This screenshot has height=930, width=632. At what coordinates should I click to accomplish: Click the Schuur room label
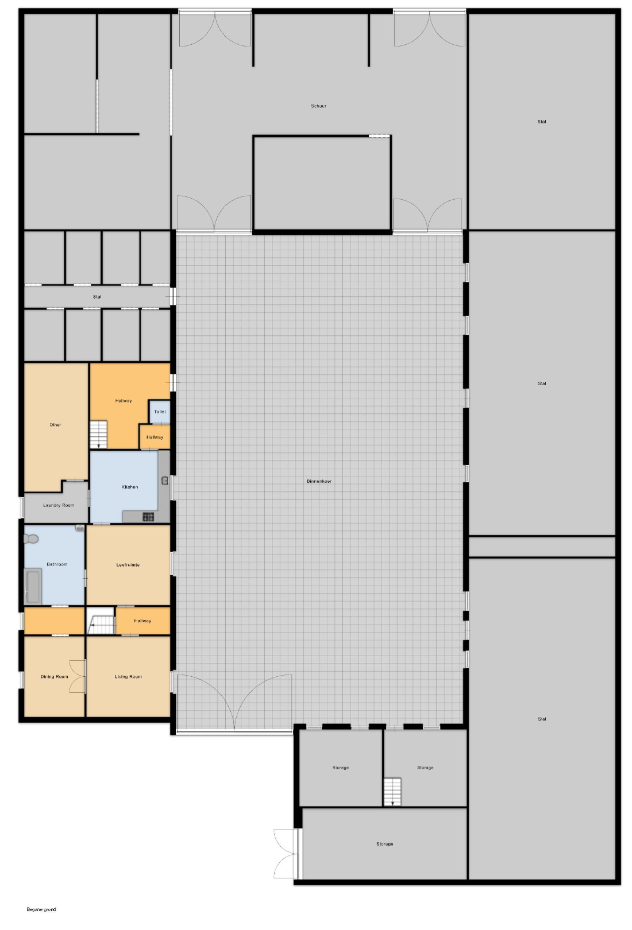[318, 106]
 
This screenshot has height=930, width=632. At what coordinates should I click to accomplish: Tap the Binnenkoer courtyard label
[319, 481]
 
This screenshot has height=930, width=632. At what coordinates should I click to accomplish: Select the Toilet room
[160, 412]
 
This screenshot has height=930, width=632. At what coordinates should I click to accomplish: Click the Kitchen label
[130, 487]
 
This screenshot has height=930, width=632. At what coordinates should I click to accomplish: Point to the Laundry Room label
[59, 505]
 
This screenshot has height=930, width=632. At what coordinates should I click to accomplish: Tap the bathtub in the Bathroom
[33, 586]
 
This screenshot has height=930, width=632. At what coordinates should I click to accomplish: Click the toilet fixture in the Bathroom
[31, 539]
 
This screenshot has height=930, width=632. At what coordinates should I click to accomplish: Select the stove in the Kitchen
[148, 517]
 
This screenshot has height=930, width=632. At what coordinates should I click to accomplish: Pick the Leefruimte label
[128, 565]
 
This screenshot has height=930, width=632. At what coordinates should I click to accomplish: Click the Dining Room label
[54, 676]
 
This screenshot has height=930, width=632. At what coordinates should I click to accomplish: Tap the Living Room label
[128, 676]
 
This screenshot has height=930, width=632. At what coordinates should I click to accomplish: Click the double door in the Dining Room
[78, 676]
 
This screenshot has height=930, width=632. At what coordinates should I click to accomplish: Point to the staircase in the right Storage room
[392, 791]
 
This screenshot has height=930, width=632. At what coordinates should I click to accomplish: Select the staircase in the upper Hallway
[99, 434]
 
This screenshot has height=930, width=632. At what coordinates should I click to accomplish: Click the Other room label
[55, 425]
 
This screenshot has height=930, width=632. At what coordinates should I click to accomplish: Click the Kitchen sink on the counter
[164, 480]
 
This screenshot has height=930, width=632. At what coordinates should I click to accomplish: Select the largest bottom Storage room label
[384, 844]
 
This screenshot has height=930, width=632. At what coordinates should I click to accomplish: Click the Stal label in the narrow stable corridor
[97, 296]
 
